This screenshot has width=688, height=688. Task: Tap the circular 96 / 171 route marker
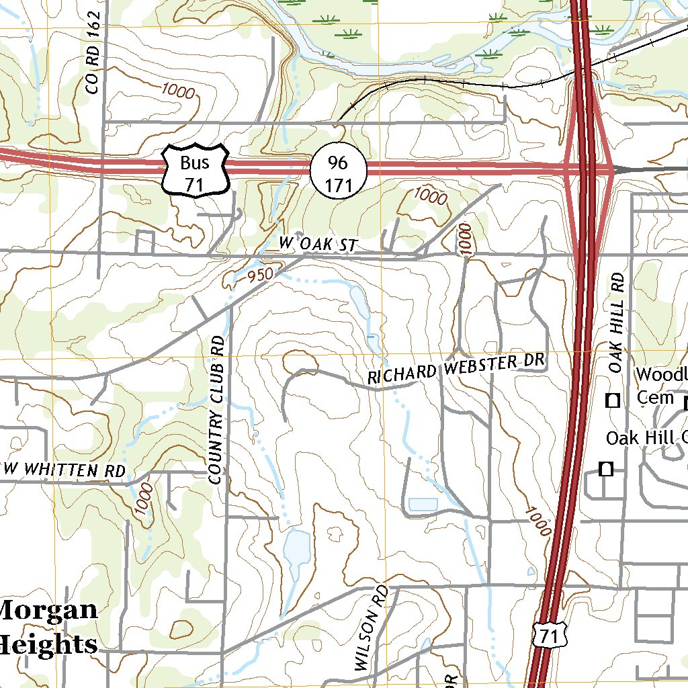339,173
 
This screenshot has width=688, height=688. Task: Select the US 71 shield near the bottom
550,633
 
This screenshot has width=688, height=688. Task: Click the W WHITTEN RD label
65,470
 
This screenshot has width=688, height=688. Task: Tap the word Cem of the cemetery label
654,398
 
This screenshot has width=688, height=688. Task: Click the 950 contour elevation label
260,275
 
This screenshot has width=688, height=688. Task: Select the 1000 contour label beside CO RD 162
177,92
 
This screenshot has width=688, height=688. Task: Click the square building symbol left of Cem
613,401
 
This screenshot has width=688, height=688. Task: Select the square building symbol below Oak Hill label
606,469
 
